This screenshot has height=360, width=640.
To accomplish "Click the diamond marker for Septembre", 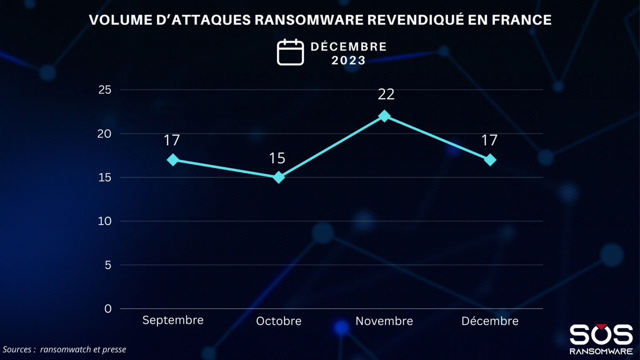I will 173,160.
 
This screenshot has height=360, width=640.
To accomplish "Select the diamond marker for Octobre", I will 278,177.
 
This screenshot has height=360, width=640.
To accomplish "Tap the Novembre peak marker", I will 384,116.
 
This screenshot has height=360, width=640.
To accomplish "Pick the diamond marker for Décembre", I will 490,160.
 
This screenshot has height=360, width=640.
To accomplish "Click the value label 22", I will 386,94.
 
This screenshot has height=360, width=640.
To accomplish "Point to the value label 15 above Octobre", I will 277,158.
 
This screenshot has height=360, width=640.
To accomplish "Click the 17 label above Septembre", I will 172,140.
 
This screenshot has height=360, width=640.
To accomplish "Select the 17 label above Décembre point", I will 489,140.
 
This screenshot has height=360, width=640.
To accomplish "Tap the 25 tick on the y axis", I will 105,90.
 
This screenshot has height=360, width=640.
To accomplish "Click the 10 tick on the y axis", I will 105,221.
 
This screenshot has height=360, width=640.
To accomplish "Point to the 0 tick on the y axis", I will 108,309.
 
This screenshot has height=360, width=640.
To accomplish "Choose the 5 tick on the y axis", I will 108,265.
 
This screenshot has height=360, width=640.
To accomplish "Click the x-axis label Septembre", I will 173,320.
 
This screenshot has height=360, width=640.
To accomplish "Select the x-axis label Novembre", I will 384,321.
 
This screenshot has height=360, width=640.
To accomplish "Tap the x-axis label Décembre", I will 490,321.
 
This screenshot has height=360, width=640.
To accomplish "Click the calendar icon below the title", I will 290,52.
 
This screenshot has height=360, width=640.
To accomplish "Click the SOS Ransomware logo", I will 601,339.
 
